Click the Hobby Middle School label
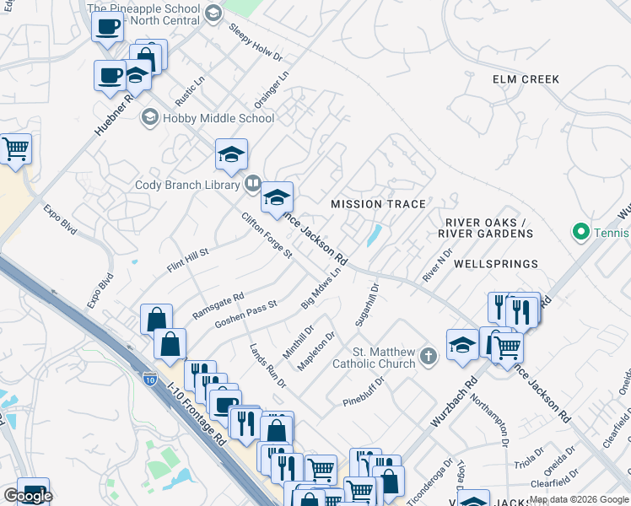click(218, 118)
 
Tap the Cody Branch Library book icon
click(252, 183)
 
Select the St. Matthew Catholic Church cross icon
click(429, 356)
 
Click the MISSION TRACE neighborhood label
click(378, 204)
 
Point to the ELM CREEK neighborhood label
click(526, 79)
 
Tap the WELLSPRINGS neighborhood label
click(495, 264)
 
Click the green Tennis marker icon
click(580, 230)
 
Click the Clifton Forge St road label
click(266, 235)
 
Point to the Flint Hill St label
click(187, 259)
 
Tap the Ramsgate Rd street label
click(218, 305)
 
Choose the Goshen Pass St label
click(245, 314)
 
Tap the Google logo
click(28, 496)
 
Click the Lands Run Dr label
click(267, 364)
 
